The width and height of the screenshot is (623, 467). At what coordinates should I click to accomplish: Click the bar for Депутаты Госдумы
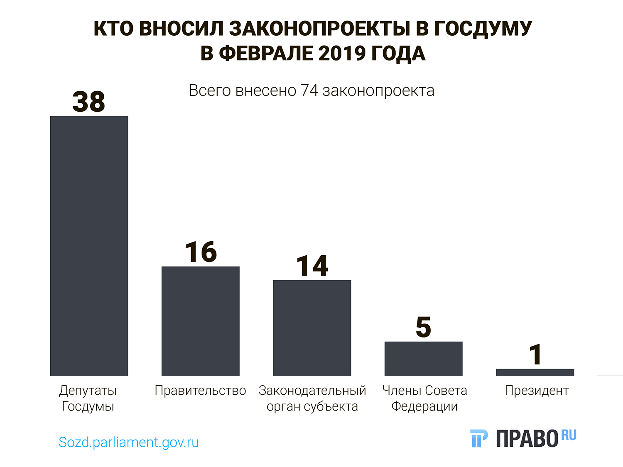coord(89,246)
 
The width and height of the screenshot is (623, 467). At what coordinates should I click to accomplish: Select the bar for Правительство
coord(200,321)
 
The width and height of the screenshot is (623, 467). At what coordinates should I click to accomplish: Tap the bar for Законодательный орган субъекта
coord(312,328)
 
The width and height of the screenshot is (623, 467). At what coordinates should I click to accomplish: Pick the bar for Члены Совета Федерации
coord(423,358)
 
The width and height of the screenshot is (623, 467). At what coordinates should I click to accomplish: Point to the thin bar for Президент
coord(535,372)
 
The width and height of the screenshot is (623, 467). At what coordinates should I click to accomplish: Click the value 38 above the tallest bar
coord(89,102)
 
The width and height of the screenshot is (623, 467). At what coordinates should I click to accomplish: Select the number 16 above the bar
coord(201,252)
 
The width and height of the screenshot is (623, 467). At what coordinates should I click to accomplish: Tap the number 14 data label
coord(312,266)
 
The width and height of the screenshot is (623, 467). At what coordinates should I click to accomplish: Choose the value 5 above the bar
coord(424,327)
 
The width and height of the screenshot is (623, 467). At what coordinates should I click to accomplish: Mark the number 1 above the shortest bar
coord(536,355)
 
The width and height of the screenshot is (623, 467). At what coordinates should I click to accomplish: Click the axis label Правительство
coord(200,391)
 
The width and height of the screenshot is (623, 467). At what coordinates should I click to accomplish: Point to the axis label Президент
coord(537,391)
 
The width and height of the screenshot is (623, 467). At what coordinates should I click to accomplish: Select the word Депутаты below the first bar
coord(88,391)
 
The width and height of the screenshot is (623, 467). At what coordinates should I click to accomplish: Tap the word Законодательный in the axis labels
coord(312,391)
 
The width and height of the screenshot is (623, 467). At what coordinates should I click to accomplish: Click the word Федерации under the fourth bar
coord(424,406)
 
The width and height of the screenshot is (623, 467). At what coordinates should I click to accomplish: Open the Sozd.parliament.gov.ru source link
coord(129,442)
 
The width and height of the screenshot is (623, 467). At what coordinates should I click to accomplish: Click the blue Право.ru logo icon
coord(479,438)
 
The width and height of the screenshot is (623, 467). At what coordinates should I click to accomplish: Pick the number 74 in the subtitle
coord(309,90)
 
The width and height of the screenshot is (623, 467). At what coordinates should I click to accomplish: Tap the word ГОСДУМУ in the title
coord(483,29)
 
